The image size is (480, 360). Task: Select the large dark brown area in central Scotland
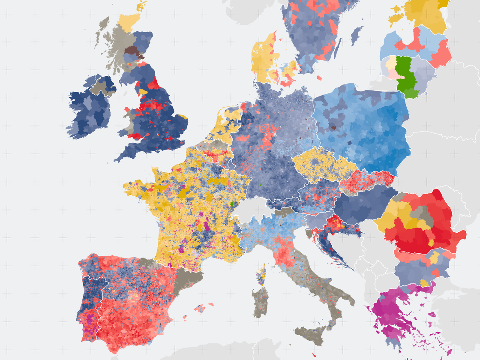[x=131, y=51]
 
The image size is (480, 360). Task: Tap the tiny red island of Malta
[x=315, y=355]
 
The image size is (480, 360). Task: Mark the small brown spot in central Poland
[x=334, y=127]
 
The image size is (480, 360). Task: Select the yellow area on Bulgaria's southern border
[x=425, y=282]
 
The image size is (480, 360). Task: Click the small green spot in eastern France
[x=232, y=204]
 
